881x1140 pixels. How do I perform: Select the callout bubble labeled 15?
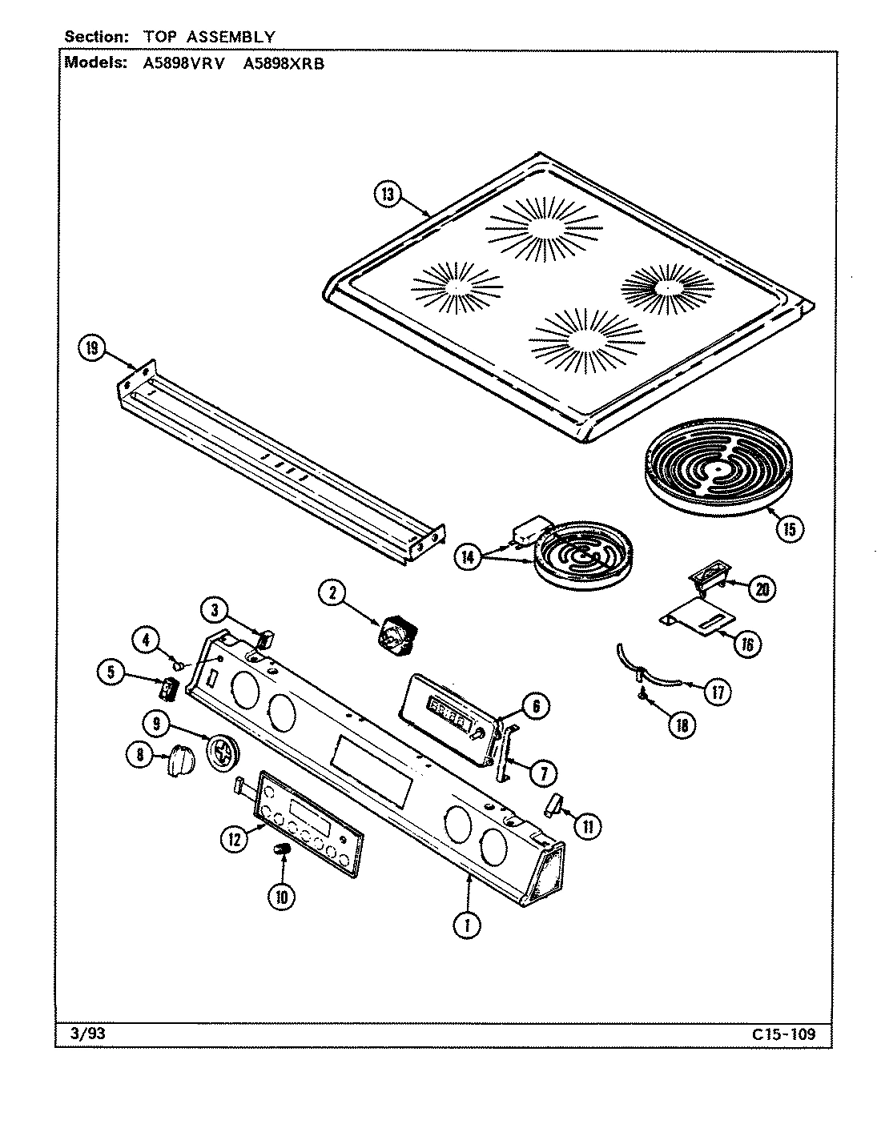tap(788, 528)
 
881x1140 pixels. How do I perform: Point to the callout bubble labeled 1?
tap(466, 925)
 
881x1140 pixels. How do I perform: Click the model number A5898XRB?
tap(284, 64)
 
